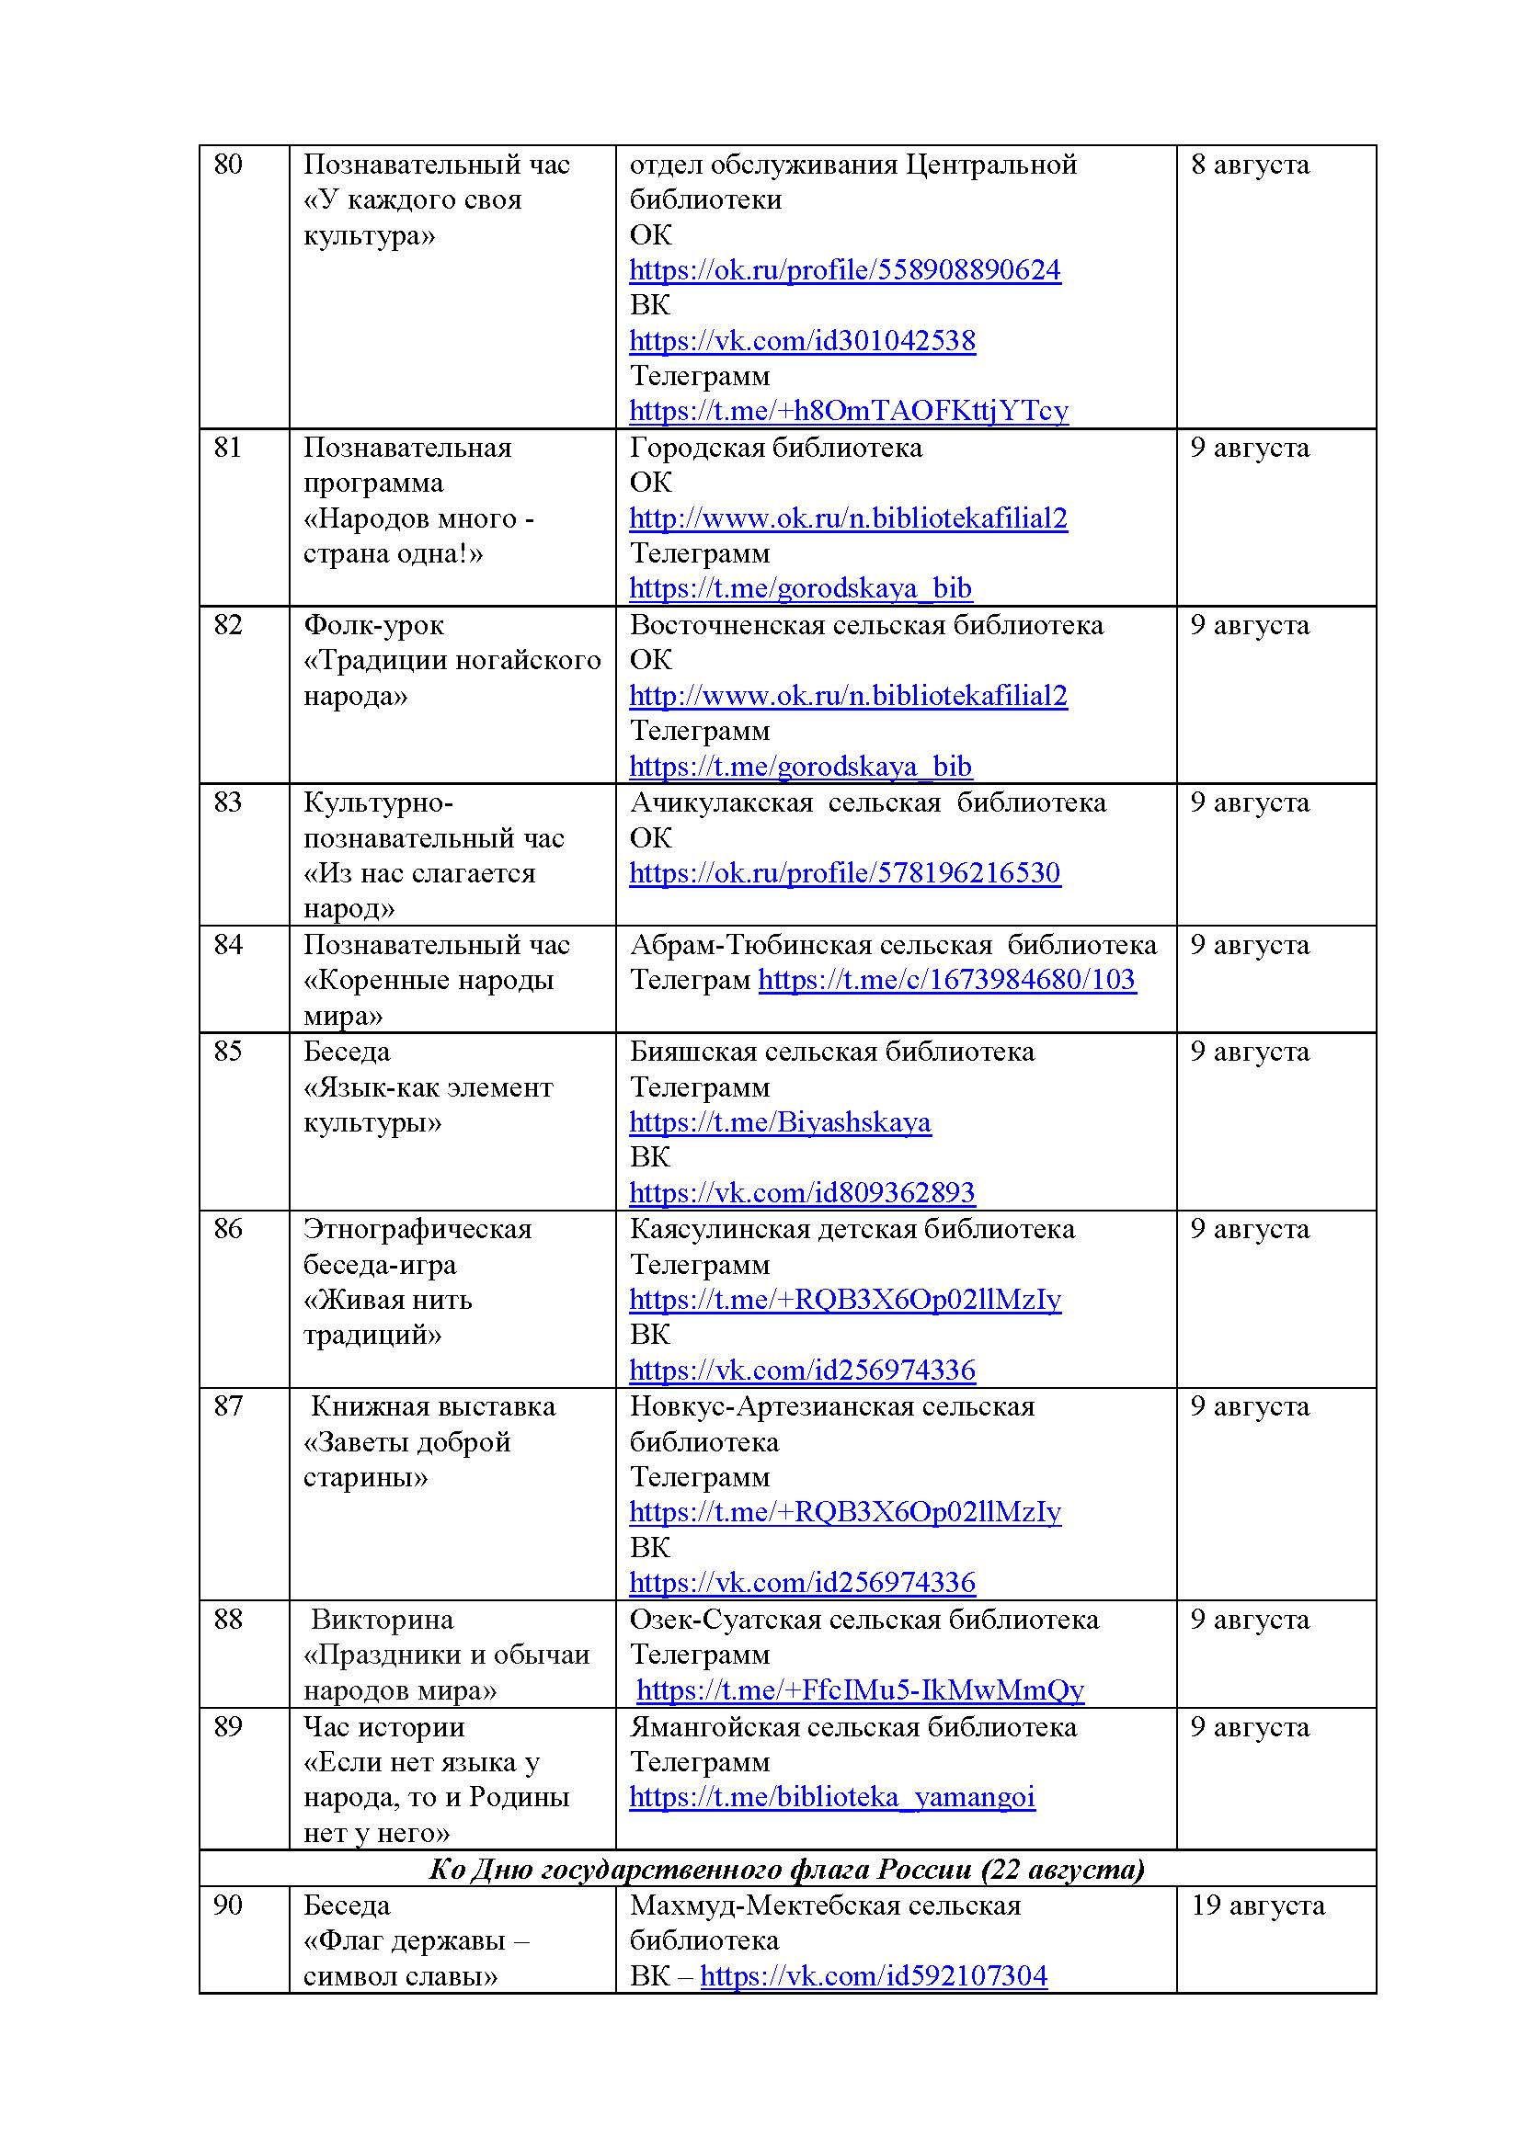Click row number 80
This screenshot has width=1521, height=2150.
pos(227,165)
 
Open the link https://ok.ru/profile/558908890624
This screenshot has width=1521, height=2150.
pos(845,270)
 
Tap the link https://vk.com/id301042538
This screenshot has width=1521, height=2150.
pos(802,341)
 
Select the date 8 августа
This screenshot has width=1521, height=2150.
pos(1250,165)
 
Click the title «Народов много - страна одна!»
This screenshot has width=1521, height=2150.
pos(417,536)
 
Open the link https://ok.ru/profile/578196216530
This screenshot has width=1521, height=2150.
pos(845,872)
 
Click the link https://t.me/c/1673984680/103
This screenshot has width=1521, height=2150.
pos(947,980)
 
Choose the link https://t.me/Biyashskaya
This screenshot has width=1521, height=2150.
pos(780,1121)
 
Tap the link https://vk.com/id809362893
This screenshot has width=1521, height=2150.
pos(802,1192)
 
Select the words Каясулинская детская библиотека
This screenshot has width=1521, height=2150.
pos(852,1229)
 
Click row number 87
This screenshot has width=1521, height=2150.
pos(227,1406)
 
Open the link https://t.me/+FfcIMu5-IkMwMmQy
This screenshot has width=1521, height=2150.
pos(860,1690)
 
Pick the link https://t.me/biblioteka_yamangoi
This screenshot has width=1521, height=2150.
pos(831,1797)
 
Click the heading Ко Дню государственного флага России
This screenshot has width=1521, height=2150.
pos(787,1869)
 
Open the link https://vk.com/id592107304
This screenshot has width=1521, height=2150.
pos(873,1976)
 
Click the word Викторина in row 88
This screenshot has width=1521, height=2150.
pos(382,1619)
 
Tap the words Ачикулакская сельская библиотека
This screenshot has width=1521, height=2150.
pos(867,802)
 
